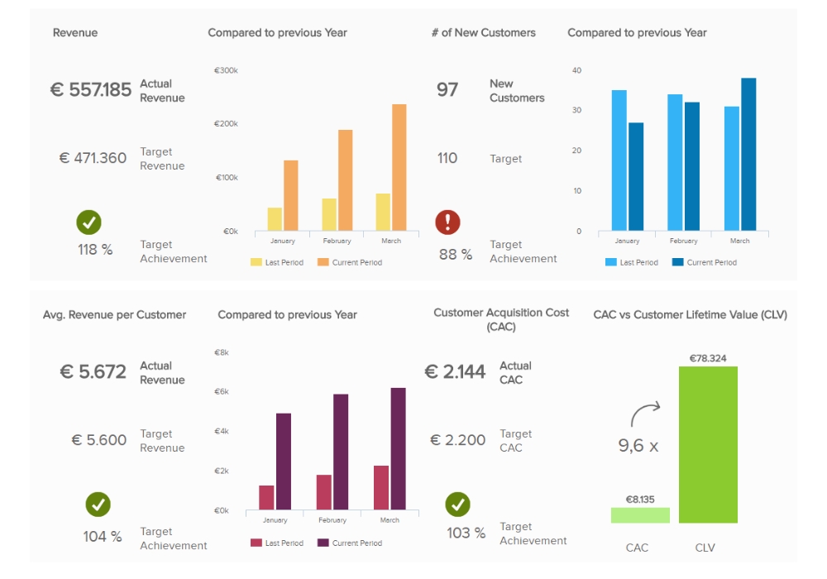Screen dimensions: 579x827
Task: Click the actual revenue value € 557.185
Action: pyautogui.click(x=91, y=90)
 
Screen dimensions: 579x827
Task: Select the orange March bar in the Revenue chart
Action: pyautogui.click(x=399, y=168)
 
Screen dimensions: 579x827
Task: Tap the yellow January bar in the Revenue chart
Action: pyautogui.click(x=275, y=219)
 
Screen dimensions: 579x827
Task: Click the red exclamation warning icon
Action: pyautogui.click(x=447, y=222)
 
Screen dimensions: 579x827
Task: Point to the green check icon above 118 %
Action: pyautogui.click(x=89, y=222)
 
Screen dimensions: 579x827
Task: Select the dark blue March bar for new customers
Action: pyautogui.click(x=748, y=155)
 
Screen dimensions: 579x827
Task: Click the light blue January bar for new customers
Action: pyautogui.click(x=619, y=160)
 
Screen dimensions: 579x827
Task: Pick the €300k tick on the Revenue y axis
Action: pyautogui.click(x=226, y=71)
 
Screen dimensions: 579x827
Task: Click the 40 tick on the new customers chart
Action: pyautogui.click(x=576, y=71)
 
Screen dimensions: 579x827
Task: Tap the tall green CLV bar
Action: pyautogui.click(x=708, y=445)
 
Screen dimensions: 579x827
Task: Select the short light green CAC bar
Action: pyautogui.click(x=640, y=515)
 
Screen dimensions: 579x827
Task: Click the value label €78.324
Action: pyautogui.click(x=708, y=358)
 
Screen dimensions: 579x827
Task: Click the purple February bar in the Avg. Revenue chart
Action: pyautogui.click(x=341, y=452)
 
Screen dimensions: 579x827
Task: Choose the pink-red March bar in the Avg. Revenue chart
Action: pyautogui.click(x=380, y=488)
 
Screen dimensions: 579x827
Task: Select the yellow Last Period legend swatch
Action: pyautogui.click(x=256, y=262)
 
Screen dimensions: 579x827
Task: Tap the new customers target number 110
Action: pyautogui.click(x=447, y=158)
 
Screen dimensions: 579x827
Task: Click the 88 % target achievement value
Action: pyautogui.click(x=456, y=255)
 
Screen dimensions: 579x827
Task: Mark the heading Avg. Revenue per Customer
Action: pyautogui.click(x=114, y=315)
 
